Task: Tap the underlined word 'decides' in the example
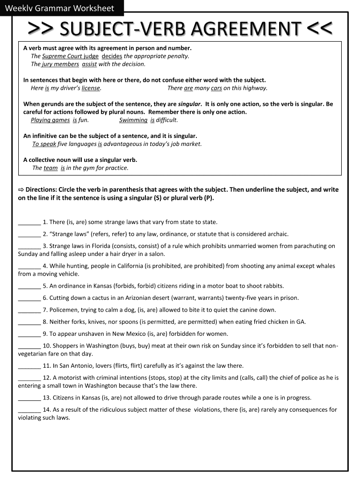click(112, 56)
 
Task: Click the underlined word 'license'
click(91, 88)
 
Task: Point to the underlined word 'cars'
click(216, 88)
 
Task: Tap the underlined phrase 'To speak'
click(44, 144)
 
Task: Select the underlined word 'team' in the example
click(50, 168)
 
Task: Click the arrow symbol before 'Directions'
click(21, 190)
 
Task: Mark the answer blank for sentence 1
click(29, 223)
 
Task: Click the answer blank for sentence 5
click(29, 286)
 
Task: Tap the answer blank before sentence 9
click(29, 334)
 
